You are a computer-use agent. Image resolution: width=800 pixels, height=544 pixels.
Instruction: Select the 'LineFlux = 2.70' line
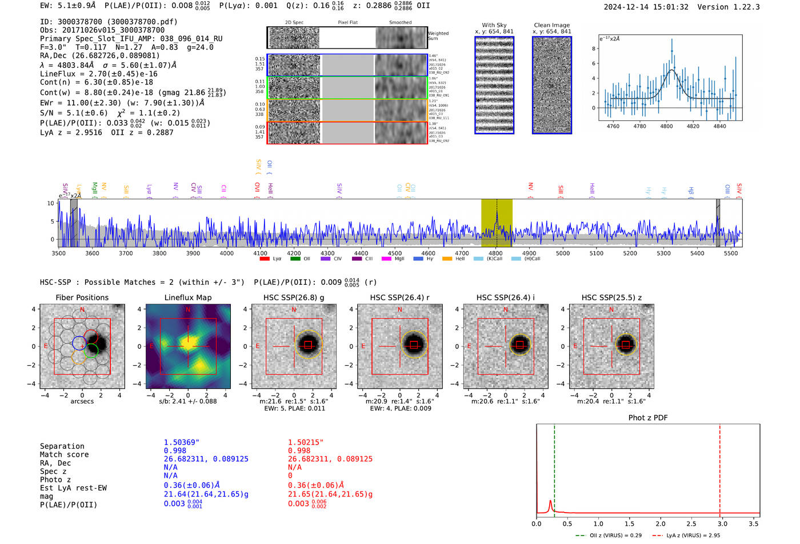[x=99, y=74]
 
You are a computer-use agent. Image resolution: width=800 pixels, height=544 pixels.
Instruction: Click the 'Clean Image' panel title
[x=551, y=25]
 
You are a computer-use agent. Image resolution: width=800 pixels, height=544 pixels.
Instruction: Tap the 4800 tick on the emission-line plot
[x=666, y=126]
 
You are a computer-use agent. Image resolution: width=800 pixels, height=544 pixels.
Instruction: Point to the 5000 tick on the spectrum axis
[x=563, y=253]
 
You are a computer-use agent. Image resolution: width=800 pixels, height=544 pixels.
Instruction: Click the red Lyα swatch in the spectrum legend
[x=265, y=259]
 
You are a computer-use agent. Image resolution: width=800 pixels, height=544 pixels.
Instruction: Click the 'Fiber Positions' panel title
[x=82, y=297]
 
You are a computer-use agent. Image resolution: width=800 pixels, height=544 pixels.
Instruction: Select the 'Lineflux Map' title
[x=187, y=297]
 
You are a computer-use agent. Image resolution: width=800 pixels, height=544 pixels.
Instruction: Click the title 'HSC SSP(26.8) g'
[x=294, y=297]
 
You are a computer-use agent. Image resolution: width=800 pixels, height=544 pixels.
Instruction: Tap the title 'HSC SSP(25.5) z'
[x=611, y=297]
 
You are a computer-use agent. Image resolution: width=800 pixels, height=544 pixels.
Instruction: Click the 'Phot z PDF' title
[x=648, y=418]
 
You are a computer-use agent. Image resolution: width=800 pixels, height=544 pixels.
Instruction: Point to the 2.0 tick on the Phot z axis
[x=660, y=523]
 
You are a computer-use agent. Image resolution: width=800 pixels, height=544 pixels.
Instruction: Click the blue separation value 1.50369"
[x=181, y=442]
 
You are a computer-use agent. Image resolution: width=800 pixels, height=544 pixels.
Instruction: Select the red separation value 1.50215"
[x=306, y=442]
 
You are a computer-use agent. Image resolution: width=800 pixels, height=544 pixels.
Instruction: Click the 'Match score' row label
[x=64, y=455]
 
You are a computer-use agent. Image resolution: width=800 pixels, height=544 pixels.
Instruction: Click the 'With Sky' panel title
[x=494, y=25]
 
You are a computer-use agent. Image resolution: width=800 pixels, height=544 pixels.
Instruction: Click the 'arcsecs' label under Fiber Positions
[x=82, y=401]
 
